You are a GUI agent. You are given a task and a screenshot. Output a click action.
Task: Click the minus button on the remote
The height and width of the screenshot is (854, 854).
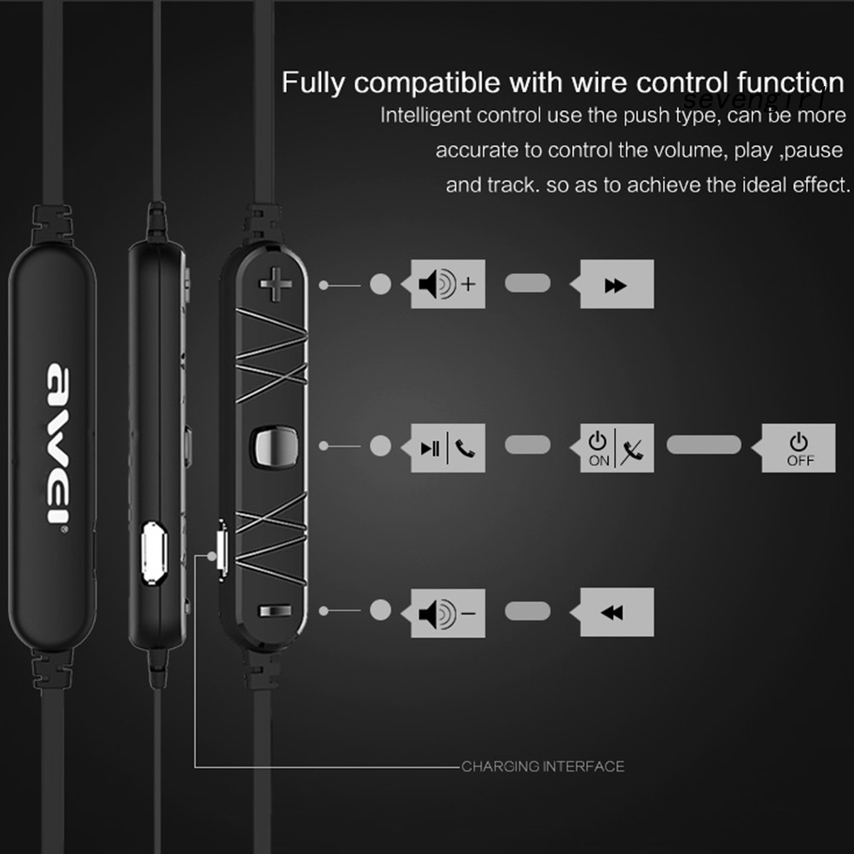[x=276, y=611]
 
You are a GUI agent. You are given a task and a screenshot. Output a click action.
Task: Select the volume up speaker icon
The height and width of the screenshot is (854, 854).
[x=448, y=284]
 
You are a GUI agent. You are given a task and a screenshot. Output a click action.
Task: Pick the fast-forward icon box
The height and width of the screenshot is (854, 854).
[x=616, y=284]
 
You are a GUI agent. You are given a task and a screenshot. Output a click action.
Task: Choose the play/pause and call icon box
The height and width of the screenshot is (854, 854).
[x=448, y=448]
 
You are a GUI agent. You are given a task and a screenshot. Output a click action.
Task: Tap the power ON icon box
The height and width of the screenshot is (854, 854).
[x=616, y=448]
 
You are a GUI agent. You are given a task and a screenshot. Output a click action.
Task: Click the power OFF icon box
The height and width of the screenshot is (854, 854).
[x=798, y=448]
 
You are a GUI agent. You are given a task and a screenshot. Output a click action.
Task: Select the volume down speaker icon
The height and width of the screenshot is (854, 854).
[x=448, y=613]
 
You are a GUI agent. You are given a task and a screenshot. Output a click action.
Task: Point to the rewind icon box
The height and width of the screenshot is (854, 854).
[x=616, y=613]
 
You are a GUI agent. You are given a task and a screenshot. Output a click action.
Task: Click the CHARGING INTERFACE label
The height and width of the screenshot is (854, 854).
[x=543, y=766]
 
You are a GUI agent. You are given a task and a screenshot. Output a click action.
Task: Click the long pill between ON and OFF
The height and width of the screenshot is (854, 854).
[x=704, y=445]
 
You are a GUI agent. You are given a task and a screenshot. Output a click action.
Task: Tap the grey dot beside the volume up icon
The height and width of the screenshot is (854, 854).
[x=380, y=284]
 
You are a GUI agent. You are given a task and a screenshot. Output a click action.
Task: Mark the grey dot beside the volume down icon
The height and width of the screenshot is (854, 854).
[x=380, y=610]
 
